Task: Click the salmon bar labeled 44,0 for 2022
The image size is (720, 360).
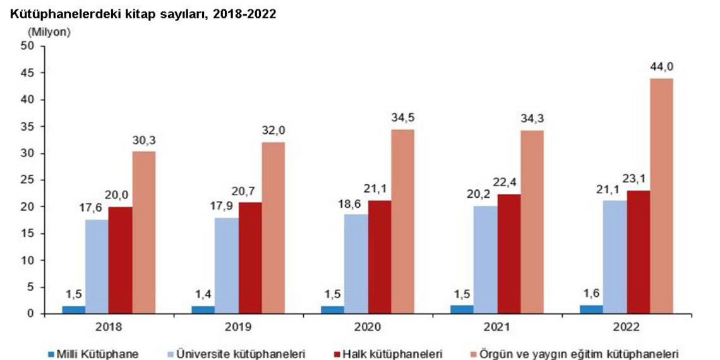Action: pos(662,196)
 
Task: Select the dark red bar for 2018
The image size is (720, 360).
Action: pos(120,260)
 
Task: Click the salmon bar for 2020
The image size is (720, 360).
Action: pos(402,221)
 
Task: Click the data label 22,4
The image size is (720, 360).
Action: pos(509,184)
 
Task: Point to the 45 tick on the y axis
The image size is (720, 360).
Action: pos(27,73)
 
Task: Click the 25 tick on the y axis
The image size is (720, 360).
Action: pos(27,180)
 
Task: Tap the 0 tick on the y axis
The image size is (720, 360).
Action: pos(30,314)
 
